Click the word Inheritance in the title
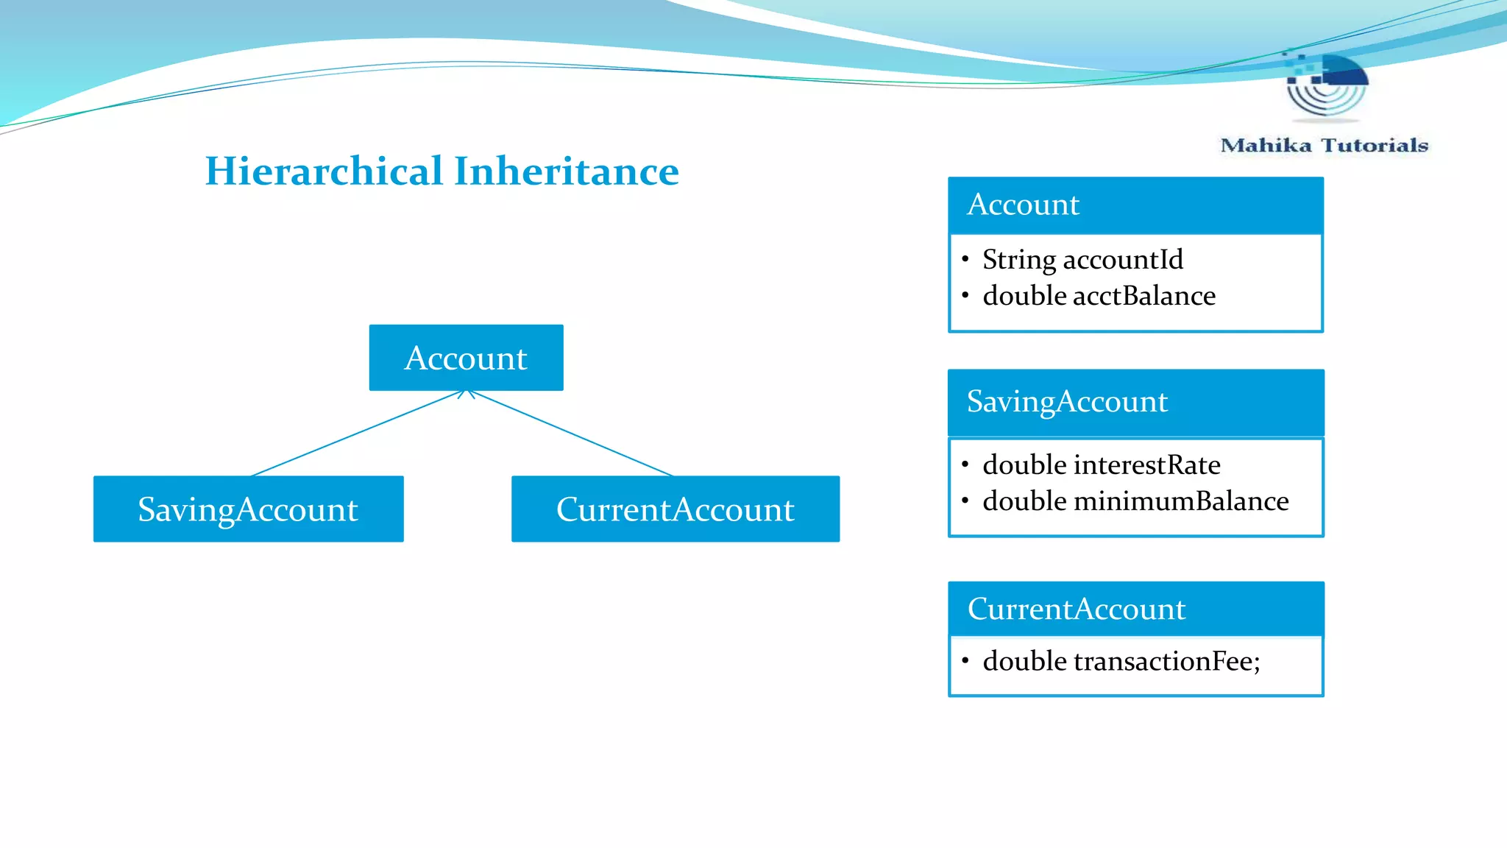(x=567, y=172)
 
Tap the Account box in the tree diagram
(x=466, y=358)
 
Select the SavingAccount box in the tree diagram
(x=248, y=509)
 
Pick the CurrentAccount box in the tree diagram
(x=675, y=509)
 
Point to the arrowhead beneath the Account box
(x=467, y=394)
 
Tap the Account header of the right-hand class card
(x=1135, y=205)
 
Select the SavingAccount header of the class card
(x=1135, y=402)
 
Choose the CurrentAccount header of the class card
(x=1135, y=609)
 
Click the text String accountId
(x=1082, y=259)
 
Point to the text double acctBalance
(x=1099, y=296)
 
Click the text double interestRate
(x=1101, y=465)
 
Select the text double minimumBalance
(x=1135, y=501)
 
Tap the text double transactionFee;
(x=1121, y=661)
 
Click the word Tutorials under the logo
(x=1374, y=145)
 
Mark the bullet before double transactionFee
(x=965, y=660)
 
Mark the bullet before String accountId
(x=965, y=258)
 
